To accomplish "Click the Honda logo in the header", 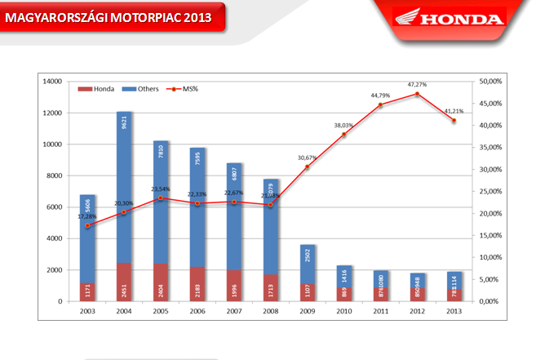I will [448, 18].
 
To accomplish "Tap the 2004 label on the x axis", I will [124, 312].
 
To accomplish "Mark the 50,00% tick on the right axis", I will [497, 82].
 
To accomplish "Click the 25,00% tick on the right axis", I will [497, 192].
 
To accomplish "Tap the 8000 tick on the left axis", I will [54, 176].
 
